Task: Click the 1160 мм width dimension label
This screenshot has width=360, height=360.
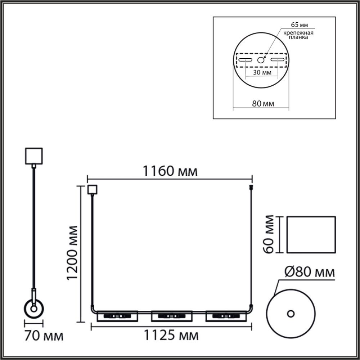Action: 170,171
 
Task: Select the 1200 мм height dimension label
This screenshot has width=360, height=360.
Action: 73,253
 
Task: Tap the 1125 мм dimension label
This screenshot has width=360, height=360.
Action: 171,336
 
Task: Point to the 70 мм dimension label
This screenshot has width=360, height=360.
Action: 44,337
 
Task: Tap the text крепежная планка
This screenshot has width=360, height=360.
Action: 297,35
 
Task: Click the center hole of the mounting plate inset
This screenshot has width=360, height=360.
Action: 261,60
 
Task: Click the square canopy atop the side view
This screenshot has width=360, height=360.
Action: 34,156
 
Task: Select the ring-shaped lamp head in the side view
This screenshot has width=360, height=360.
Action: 34,309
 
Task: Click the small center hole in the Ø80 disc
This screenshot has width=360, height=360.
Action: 291,313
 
